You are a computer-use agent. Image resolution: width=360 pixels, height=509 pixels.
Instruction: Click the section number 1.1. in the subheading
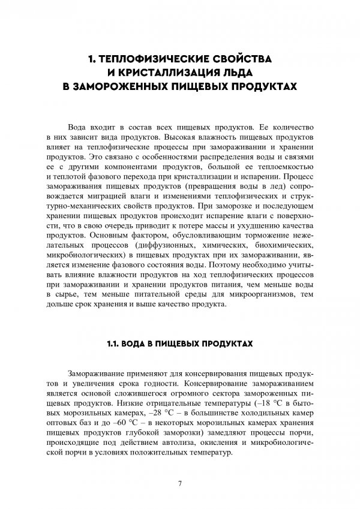114,345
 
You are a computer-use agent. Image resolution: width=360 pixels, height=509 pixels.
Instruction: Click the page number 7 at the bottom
180,483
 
